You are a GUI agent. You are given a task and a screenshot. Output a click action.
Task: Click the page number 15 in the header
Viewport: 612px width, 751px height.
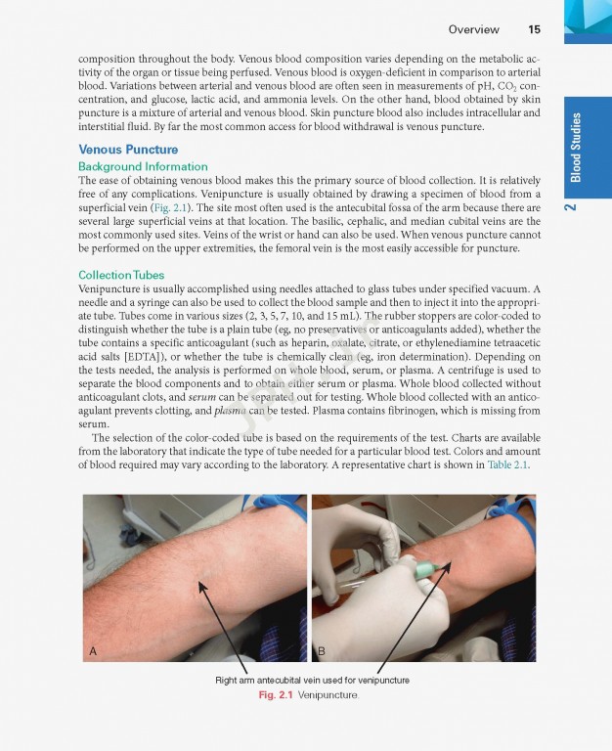534,29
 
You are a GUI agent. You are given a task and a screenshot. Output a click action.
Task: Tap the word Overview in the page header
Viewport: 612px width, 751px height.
473,29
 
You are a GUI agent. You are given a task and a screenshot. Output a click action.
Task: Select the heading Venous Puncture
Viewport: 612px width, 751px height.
128,150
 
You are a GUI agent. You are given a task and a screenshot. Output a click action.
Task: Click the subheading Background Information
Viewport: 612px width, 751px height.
143,167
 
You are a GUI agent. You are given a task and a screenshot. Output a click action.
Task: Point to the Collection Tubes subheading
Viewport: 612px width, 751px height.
121,275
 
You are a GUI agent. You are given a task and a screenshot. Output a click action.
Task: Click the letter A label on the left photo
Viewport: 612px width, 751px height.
93,650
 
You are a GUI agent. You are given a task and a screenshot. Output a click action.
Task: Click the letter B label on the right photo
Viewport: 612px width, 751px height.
321,650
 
